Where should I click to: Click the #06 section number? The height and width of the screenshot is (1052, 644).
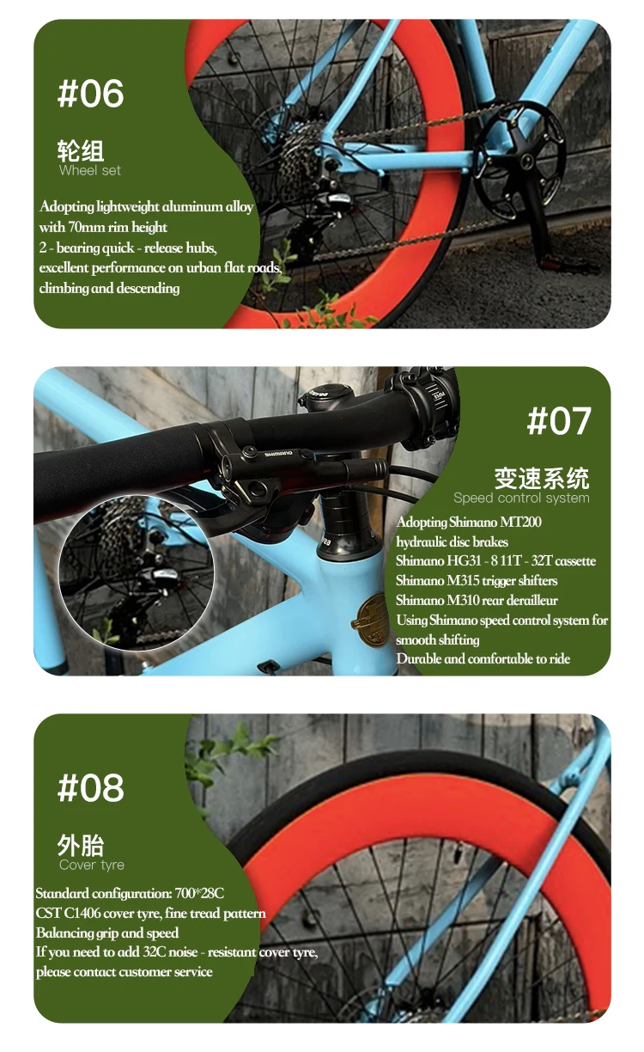(90, 94)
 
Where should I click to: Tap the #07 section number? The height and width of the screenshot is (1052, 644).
(559, 421)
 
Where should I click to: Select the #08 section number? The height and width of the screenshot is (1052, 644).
(90, 787)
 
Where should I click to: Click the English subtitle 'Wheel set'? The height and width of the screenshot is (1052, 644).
(90, 170)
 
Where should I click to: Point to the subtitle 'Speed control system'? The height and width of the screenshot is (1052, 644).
(521, 498)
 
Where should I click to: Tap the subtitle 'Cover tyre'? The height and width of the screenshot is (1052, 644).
(92, 865)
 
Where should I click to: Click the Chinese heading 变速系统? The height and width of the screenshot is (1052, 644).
(542, 479)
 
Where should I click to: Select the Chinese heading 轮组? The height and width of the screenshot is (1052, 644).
(81, 150)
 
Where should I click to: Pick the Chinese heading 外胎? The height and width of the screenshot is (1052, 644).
(81, 846)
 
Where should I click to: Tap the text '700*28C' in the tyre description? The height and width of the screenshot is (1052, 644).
(199, 893)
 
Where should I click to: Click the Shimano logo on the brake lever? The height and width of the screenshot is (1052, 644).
(278, 454)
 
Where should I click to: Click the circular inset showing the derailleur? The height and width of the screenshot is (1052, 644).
(136, 573)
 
